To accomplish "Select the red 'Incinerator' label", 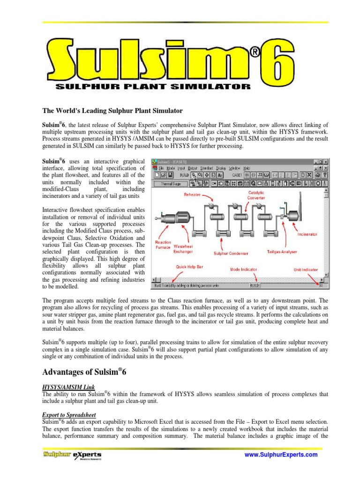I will pos(307,233).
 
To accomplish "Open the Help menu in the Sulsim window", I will pos(247,168).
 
